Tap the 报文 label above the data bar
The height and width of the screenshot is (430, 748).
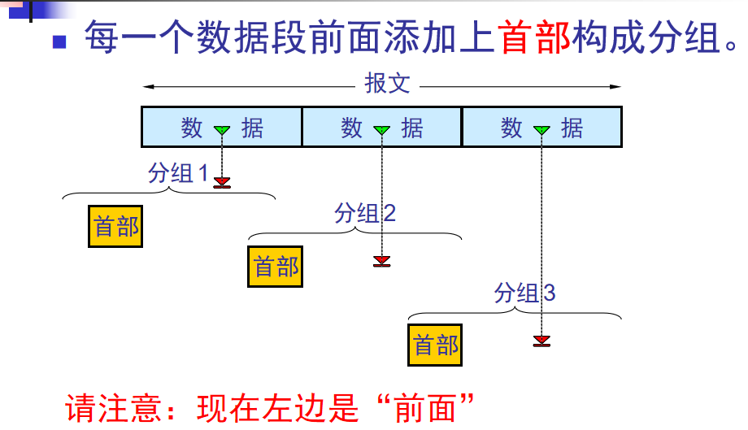coord(388,85)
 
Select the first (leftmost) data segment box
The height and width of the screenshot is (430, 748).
coord(221,127)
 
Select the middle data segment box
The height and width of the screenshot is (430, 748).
coord(381,127)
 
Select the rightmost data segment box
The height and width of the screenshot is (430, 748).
coord(541,127)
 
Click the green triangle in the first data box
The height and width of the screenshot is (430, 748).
coord(222,130)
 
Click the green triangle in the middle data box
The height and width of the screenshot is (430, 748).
coord(381,130)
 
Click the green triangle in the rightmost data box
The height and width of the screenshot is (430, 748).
coord(541,130)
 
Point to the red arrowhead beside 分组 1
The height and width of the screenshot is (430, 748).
coord(222,183)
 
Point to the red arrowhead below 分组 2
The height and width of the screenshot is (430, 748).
coord(381,261)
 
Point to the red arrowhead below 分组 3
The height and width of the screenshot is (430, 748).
coord(541,341)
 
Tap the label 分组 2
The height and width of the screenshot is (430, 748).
coord(365,213)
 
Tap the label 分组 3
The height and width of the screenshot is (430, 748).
coord(525,293)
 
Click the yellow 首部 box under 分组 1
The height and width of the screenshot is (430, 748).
coord(115,226)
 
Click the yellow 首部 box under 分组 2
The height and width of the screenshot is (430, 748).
coord(275,267)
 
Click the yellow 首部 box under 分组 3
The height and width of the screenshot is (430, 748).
coord(435,345)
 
